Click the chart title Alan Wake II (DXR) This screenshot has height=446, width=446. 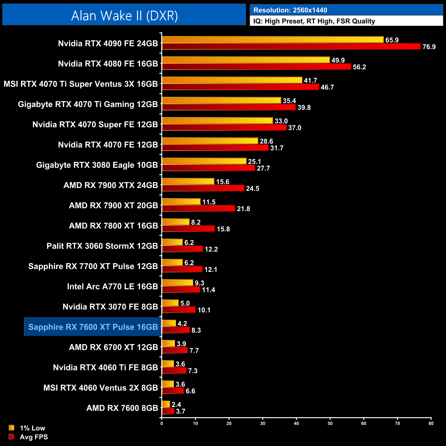click(x=124, y=16)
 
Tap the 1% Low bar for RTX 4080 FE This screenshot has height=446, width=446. click(x=246, y=60)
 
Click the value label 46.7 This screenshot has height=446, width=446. click(x=327, y=87)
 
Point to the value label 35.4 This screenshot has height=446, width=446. click(x=289, y=101)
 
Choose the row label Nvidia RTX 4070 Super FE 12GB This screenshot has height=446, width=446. click(x=95, y=125)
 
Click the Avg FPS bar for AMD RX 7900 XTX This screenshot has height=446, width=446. click(x=203, y=188)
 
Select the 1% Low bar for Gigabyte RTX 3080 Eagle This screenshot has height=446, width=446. click(x=204, y=161)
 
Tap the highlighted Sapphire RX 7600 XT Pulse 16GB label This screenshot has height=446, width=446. click(x=93, y=327)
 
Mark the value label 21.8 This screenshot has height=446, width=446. click(x=243, y=209)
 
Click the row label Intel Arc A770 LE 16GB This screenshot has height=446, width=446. click(x=112, y=286)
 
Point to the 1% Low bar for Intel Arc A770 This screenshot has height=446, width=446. click(x=177, y=283)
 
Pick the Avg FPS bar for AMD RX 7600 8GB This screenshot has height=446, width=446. click(x=168, y=411)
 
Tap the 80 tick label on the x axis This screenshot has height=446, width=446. click(x=431, y=423)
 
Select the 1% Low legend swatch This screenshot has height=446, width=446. click(x=12, y=428)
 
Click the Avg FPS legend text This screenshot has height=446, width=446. click(x=34, y=437)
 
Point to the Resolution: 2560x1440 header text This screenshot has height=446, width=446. click(x=290, y=10)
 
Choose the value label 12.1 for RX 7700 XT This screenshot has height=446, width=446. click(x=211, y=269)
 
